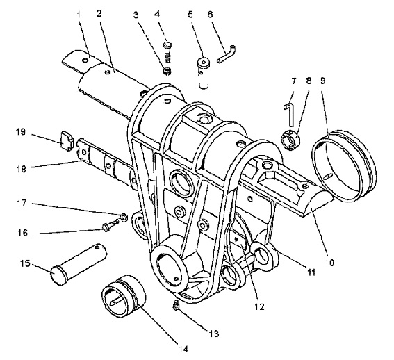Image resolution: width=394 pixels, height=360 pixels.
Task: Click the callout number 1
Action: coord(79,15)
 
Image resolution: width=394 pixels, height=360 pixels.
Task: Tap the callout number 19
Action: coord(21,132)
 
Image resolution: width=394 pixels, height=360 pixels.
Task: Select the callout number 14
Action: coord(183,349)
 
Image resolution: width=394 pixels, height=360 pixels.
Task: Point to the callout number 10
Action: coord(329,263)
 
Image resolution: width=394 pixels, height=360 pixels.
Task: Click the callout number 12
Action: coord(259,306)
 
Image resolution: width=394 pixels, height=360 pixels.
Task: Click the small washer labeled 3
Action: coord(167,71)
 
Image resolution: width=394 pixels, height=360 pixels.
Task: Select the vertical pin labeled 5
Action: coord(204,73)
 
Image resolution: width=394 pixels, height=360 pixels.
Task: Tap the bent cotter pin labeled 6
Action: coord(227,55)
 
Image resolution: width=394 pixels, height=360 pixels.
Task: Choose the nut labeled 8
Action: coord(290,140)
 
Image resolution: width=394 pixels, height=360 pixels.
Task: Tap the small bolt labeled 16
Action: coord(110,224)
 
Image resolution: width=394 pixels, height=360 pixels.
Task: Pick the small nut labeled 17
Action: coord(124,217)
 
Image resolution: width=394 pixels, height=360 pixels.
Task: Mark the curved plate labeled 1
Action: coord(81,62)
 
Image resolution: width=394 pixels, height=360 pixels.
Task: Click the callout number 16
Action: coord(23,233)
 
